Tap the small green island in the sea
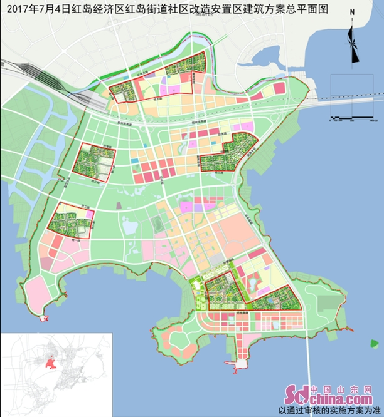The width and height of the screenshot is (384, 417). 375,343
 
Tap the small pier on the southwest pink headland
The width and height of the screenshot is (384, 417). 45,319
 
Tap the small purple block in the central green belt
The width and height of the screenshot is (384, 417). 119,206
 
